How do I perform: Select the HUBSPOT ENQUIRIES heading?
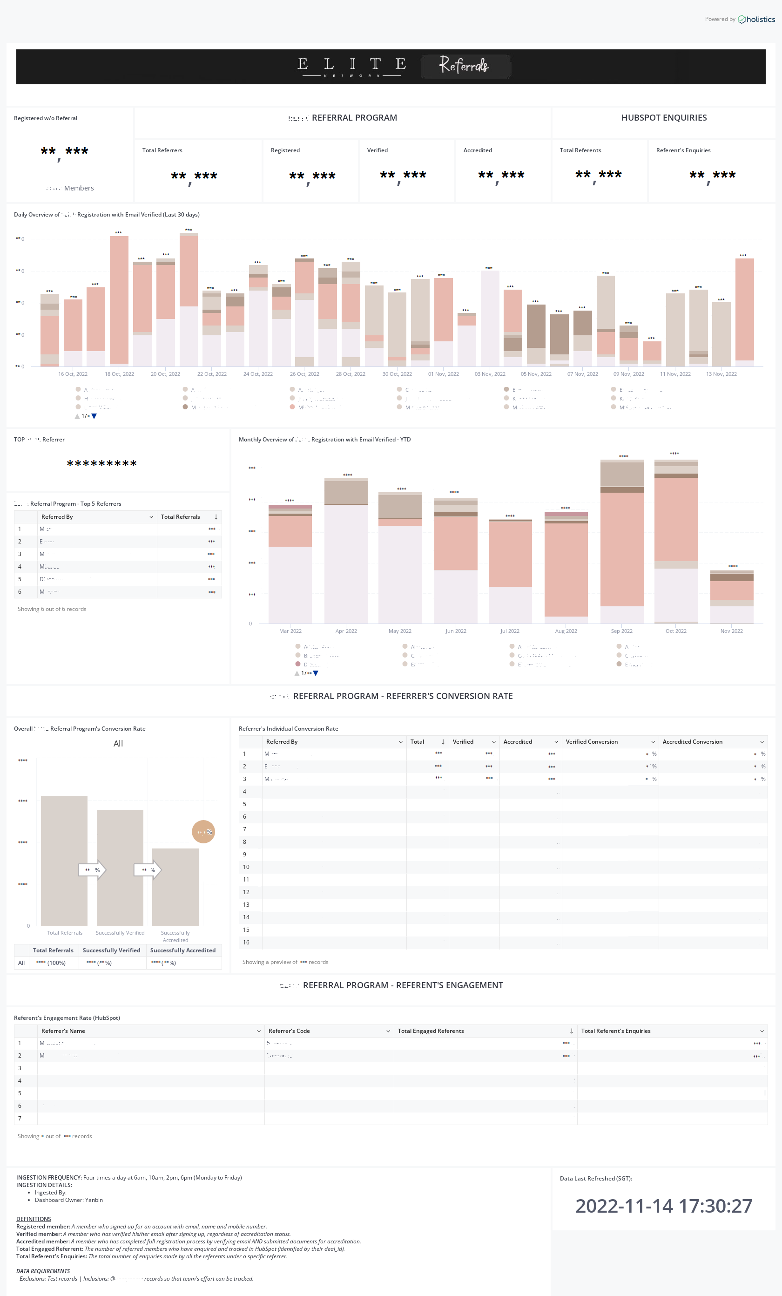point(664,118)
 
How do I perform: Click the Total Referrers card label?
point(162,150)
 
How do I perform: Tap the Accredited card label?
point(478,150)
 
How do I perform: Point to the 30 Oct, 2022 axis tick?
point(397,374)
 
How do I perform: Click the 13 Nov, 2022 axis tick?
point(721,374)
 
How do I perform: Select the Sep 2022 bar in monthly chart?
point(621,542)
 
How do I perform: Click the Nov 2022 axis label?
point(731,631)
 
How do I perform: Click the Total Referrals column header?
point(181,517)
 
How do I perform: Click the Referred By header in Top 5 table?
point(57,517)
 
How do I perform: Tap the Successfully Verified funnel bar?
point(120,868)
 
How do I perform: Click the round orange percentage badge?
point(203,832)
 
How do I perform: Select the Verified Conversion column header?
point(592,742)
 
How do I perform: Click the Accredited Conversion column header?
point(692,742)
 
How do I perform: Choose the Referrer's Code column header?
point(289,1031)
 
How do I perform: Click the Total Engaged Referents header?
point(431,1031)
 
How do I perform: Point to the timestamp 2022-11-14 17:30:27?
point(664,1206)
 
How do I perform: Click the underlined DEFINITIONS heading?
point(34,1219)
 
